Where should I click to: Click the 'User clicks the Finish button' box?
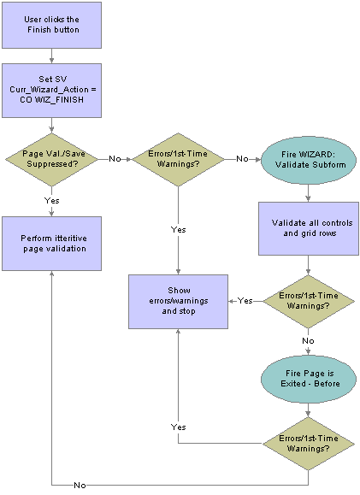click(x=52, y=25)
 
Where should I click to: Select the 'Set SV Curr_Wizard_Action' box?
click(x=52, y=91)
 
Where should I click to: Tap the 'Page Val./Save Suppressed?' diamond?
click(x=52, y=159)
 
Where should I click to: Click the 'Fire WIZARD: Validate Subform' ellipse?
click(x=308, y=160)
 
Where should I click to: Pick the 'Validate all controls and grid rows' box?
click(x=309, y=228)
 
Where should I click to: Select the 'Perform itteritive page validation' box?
click(x=52, y=244)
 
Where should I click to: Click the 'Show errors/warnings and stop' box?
click(x=178, y=302)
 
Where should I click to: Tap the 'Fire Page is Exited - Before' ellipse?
click(x=308, y=379)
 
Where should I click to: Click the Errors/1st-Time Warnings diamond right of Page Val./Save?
click(x=178, y=159)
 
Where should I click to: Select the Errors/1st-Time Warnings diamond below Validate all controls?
click(x=308, y=302)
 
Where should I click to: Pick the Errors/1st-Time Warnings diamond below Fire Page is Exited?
click(x=308, y=444)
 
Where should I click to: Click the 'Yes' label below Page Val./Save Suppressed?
click(x=52, y=200)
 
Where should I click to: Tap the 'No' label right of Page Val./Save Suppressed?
click(x=115, y=159)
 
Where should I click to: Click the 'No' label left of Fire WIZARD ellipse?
click(x=242, y=159)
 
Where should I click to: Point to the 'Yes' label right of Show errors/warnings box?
click(x=245, y=301)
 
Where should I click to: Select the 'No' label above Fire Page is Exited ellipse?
click(x=308, y=340)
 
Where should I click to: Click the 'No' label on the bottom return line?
click(x=80, y=485)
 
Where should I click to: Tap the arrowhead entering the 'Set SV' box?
click(x=52, y=61)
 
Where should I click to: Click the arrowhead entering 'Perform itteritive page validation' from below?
click(x=52, y=274)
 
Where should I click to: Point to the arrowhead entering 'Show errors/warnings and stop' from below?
click(x=178, y=332)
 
